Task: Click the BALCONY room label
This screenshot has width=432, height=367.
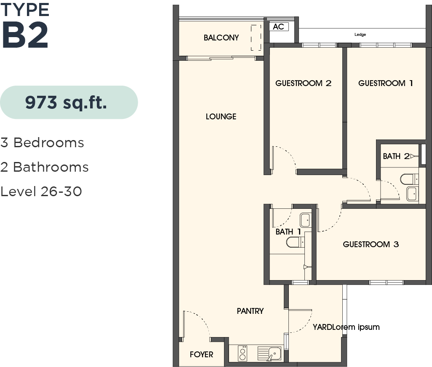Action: (x=221, y=38)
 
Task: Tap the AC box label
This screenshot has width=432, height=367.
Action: (x=278, y=27)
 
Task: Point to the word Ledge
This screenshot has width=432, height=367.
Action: (x=360, y=35)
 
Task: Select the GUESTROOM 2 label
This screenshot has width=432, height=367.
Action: (x=303, y=83)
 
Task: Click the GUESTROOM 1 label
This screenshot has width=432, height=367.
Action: (x=385, y=83)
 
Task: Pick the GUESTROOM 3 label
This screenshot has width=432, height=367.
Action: (x=371, y=244)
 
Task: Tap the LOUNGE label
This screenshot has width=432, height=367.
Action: (x=221, y=116)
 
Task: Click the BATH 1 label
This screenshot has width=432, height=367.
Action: (x=288, y=232)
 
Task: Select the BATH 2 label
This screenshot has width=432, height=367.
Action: (x=396, y=156)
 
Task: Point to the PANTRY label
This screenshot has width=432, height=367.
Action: (x=250, y=311)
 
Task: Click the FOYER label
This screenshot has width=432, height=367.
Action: (x=201, y=354)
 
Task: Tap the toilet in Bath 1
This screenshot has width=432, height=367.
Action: (x=295, y=242)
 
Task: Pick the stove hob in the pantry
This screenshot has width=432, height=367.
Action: (x=242, y=353)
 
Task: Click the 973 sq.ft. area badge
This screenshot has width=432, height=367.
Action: (x=69, y=103)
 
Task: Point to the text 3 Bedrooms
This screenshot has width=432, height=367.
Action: (x=42, y=143)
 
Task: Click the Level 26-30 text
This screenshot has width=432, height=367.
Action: (x=41, y=192)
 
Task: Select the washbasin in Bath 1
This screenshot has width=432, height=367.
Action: (x=305, y=220)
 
